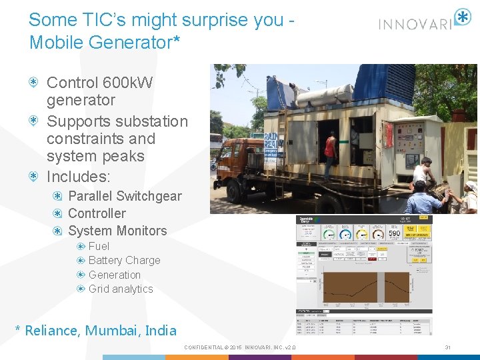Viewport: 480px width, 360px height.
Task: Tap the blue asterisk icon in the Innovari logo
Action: point(462,17)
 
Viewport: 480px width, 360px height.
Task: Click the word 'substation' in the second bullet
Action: point(151,121)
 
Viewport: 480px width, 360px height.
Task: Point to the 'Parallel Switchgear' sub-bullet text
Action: point(125,196)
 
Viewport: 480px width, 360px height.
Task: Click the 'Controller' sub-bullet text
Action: point(97,213)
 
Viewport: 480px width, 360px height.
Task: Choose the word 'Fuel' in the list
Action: point(99,246)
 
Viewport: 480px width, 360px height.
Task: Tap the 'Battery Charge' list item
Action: point(124,260)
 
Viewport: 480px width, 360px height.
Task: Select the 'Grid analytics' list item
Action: point(121,289)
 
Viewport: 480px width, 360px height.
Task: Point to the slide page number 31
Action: point(448,347)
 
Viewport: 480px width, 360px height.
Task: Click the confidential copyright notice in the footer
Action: point(239,347)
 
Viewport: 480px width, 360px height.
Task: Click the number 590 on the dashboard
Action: point(394,234)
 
